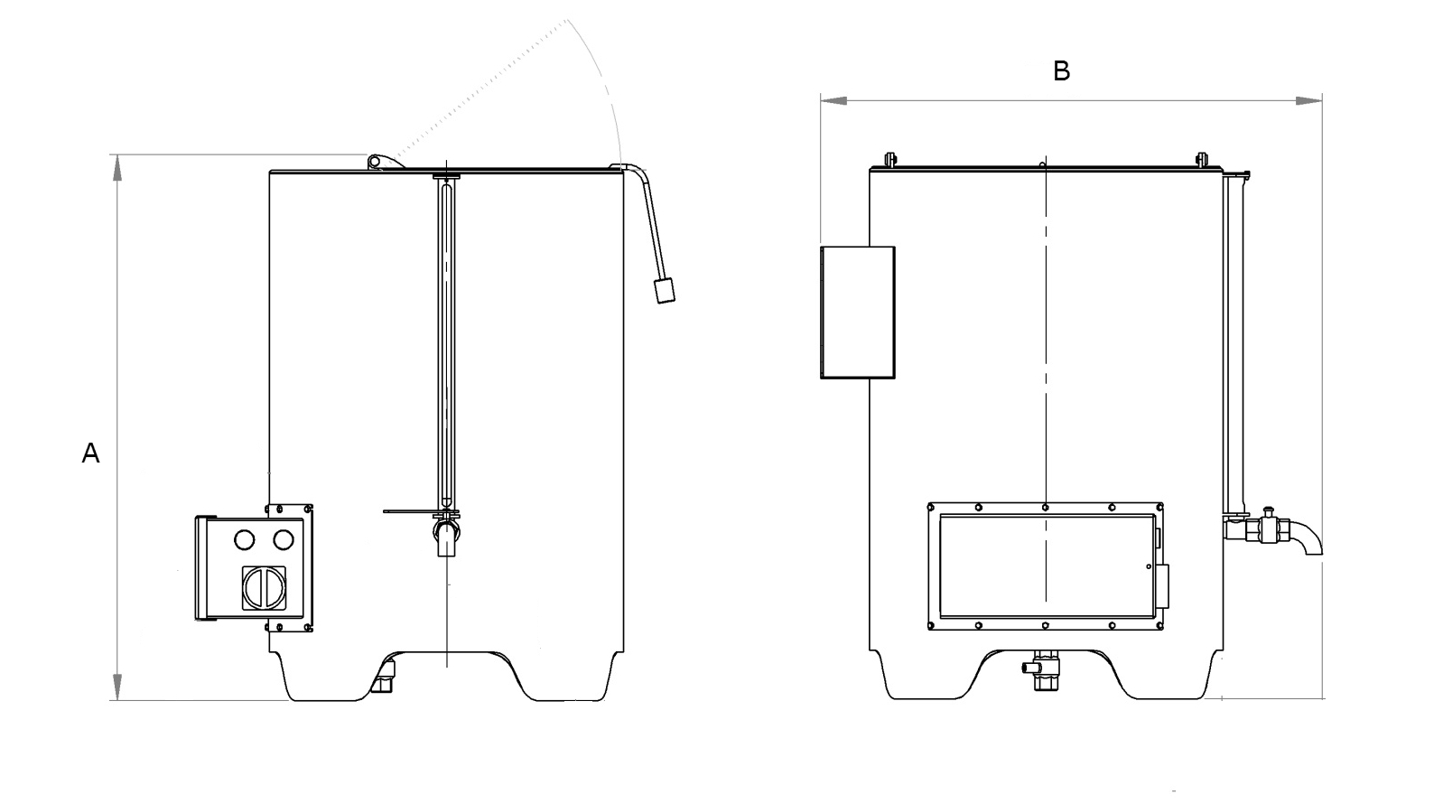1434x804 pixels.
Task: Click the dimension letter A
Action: click(x=90, y=453)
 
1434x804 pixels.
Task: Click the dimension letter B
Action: click(x=1062, y=71)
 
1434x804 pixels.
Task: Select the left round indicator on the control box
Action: click(x=244, y=539)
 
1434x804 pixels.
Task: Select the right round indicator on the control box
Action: click(x=284, y=539)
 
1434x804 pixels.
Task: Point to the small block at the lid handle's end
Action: click(x=666, y=291)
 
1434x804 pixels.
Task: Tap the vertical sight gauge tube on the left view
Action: click(x=446, y=343)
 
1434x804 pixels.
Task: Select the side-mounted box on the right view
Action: click(x=857, y=312)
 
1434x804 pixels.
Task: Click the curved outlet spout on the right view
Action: click(x=1305, y=537)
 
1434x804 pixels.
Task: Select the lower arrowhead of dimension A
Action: click(x=116, y=686)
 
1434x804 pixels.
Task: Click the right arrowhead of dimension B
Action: click(x=1308, y=100)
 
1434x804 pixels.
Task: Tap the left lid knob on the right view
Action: click(x=889, y=160)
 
